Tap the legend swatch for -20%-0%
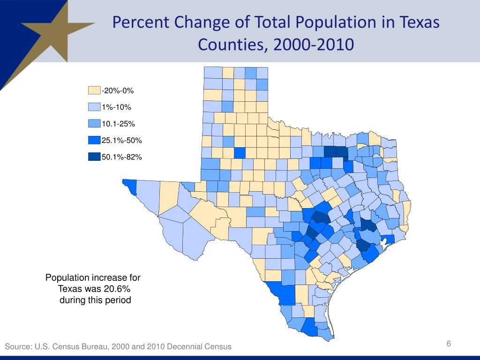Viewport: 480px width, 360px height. point(94,90)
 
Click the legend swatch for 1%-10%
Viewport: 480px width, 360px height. point(94,107)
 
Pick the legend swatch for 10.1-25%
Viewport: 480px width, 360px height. point(94,124)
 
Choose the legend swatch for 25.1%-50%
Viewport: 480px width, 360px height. point(94,140)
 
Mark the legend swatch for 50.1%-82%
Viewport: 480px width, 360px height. point(94,157)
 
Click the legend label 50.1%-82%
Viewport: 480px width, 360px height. point(122,157)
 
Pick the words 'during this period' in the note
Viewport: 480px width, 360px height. point(95,300)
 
